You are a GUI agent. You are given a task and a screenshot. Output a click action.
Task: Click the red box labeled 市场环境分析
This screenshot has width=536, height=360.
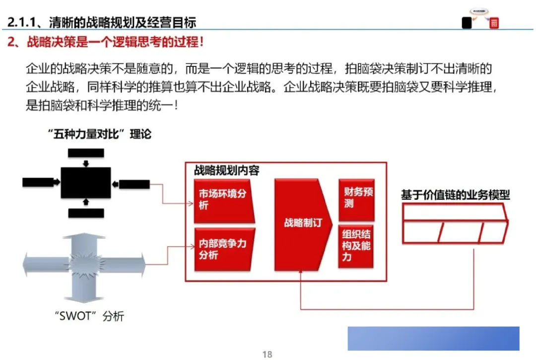(223, 199)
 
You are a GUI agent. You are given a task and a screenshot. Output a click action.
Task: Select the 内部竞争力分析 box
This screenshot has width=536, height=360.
(223, 249)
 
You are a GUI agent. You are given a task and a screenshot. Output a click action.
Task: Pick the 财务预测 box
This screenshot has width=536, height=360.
(356, 199)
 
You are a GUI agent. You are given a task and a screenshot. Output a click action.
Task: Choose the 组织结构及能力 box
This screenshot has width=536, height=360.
(356, 246)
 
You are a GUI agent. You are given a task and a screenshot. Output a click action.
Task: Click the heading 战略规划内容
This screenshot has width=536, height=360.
(226, 171)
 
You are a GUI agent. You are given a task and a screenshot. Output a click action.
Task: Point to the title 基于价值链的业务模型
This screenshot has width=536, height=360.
(455, 195)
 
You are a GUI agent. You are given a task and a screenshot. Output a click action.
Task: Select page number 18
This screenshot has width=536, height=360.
(268, 354)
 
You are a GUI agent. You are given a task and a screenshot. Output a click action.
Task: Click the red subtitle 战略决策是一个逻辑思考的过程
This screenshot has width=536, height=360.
(115, 42)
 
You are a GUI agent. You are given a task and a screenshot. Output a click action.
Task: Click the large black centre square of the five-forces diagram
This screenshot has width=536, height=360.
(86, 183)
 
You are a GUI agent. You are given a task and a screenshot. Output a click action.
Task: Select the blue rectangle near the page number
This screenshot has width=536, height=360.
(433, 338)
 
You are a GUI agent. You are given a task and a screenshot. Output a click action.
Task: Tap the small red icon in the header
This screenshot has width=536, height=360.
(493, 23)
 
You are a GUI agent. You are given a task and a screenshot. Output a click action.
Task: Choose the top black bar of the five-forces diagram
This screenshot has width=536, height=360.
(86, 153)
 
